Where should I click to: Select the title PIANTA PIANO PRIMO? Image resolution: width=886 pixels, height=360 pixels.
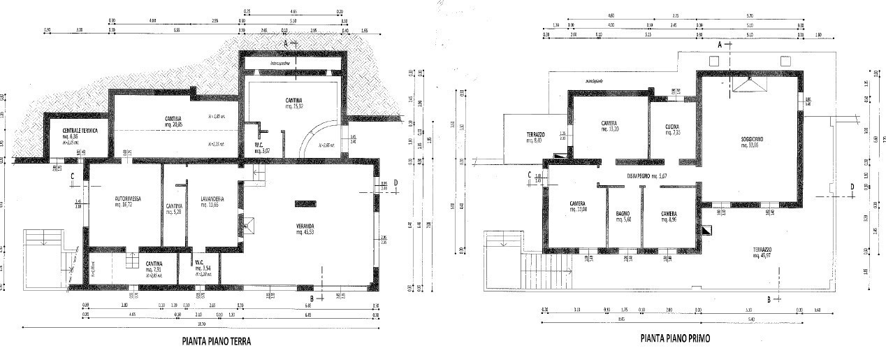676,338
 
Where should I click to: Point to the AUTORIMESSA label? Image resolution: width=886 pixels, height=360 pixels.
129,199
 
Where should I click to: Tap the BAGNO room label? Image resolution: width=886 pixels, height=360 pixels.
624,213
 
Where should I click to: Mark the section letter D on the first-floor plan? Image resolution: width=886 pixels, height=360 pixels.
852,186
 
